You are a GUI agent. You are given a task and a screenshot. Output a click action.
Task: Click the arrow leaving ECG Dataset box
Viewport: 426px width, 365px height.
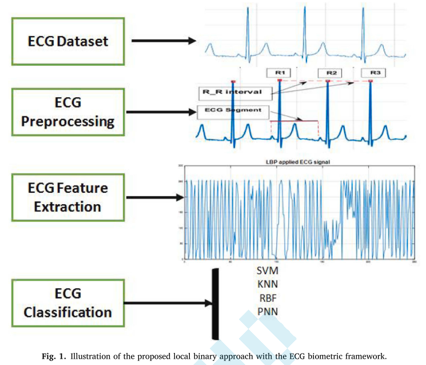(x=164, y=41)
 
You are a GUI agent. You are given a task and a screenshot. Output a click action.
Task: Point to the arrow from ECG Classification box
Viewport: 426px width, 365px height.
(x=166, y=303)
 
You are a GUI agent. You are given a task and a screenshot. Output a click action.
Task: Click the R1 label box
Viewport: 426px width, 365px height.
(x=279, y=73)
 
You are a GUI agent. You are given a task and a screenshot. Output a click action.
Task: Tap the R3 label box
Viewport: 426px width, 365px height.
(x=376, y=73)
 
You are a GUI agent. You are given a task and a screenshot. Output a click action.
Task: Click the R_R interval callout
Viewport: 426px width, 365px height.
(x=224, y=92)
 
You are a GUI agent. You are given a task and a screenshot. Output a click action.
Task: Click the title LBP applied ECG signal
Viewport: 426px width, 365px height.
(x=298, y=162)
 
